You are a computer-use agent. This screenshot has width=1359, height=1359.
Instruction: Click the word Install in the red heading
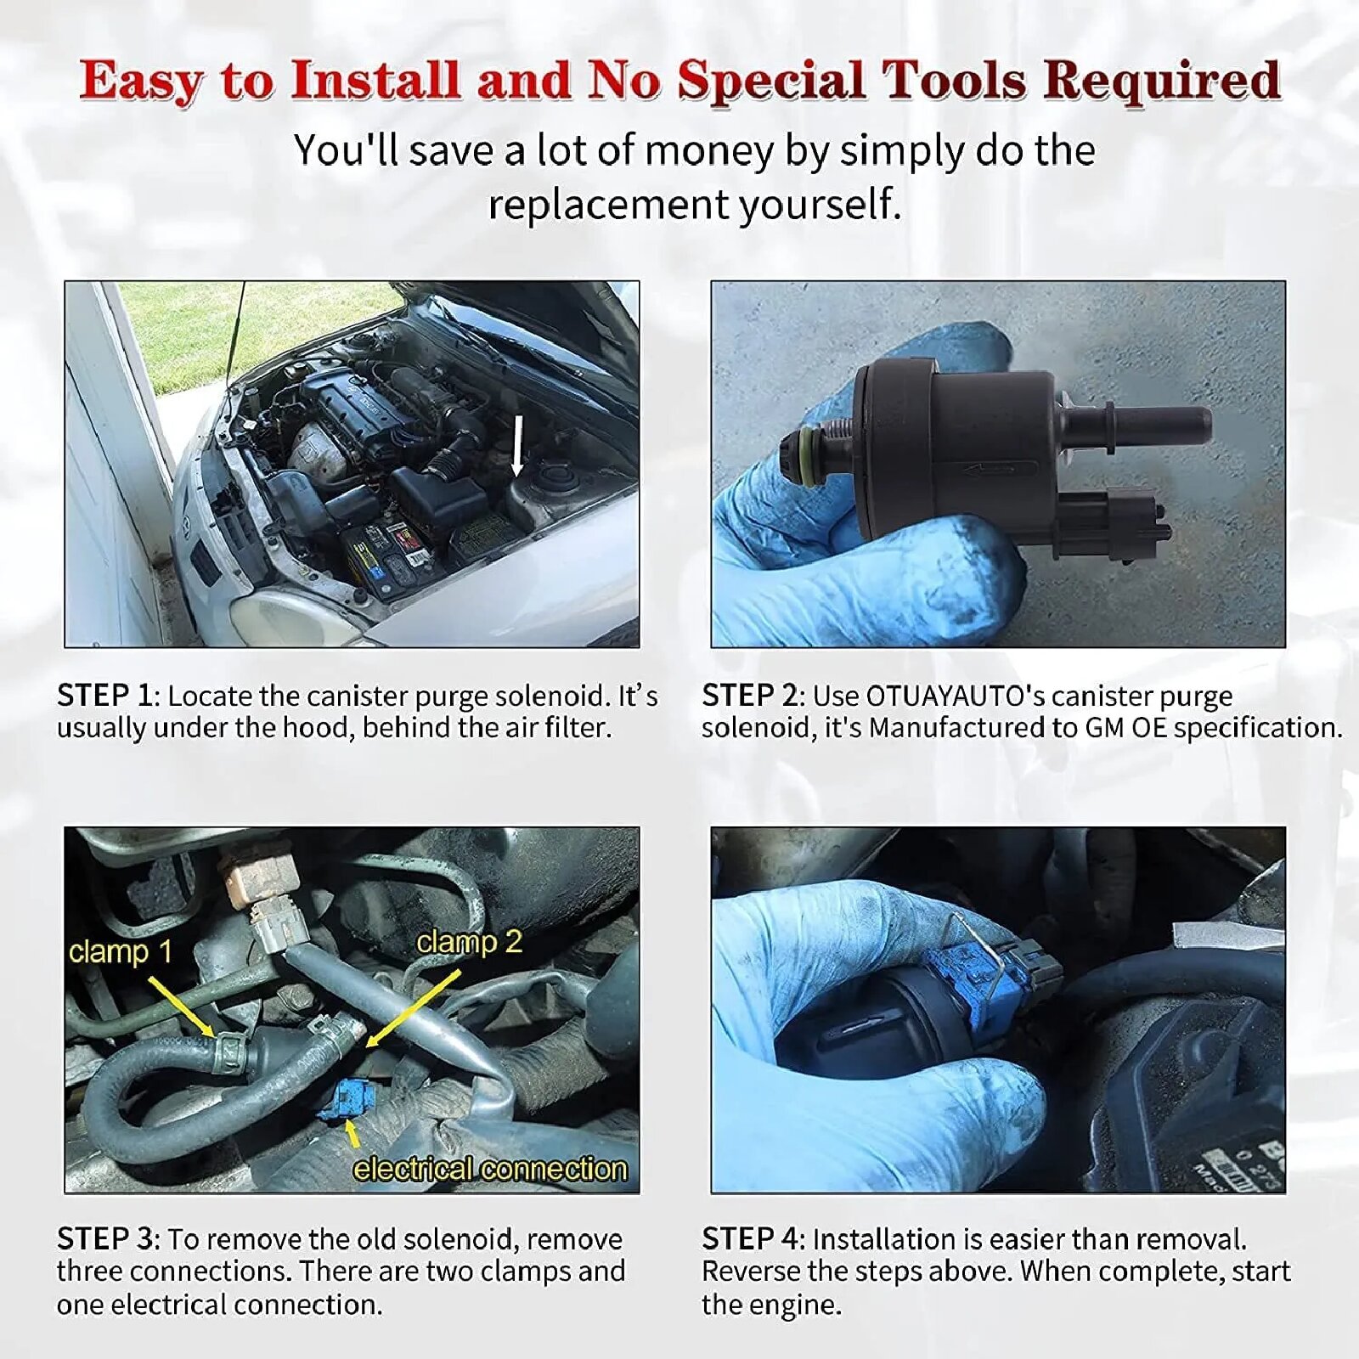point(375,81)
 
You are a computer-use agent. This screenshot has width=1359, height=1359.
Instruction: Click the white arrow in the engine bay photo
point(517,446)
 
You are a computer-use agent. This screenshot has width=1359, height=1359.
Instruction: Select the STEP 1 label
point(104,696)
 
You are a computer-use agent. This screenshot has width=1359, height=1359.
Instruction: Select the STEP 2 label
point(750,696)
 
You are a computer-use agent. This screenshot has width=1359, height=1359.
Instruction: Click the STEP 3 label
point(104,1239)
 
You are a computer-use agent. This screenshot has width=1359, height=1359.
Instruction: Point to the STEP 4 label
point(750,1239)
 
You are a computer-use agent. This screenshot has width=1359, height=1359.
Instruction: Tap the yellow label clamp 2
point(469,942)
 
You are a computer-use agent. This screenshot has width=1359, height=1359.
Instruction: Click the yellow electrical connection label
point(490,1170)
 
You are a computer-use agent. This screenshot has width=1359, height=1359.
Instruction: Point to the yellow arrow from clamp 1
point(182,1007)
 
